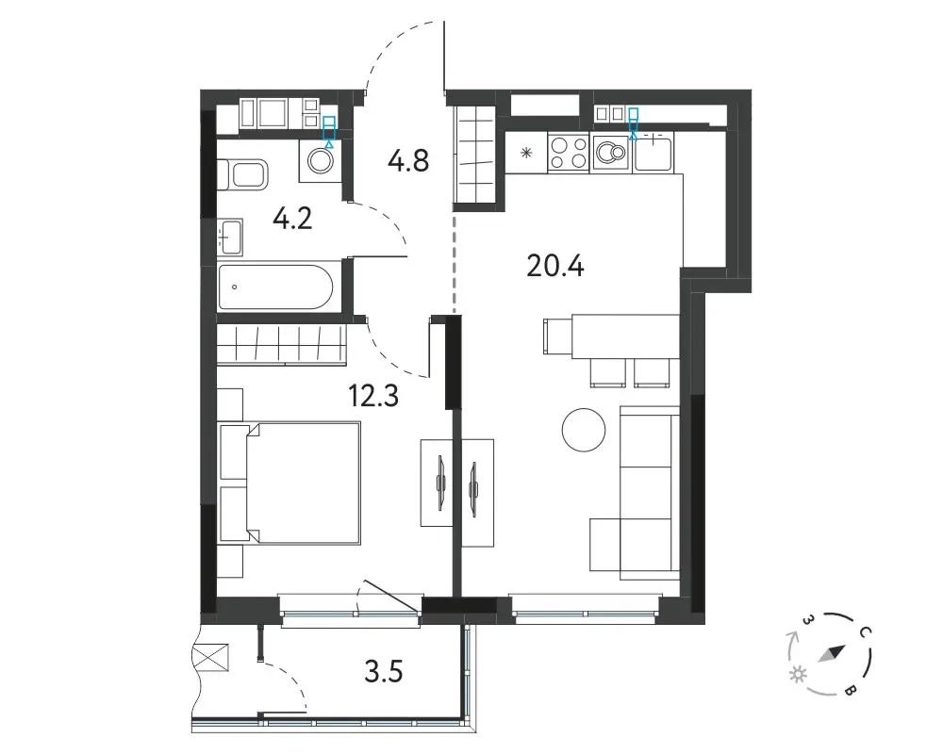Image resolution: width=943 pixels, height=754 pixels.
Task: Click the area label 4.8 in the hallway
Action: pyautogui.click(x=408, y=161)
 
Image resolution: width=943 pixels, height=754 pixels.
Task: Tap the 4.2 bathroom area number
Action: pyautogui.click(x=292, y=219)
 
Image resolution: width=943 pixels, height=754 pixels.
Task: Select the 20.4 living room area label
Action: pyautogui.click(x=555, y=266)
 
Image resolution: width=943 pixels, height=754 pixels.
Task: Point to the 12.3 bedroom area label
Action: pyautogui.click(x=373, y=396)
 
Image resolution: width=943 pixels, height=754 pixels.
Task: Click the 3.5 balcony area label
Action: pyautogui.click(x=384, y=671)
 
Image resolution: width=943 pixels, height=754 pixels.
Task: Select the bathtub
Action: pyautogui.click(x=275, y=287)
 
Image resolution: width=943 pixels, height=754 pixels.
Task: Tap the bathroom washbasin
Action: pyautogui.click(x=230, y=237)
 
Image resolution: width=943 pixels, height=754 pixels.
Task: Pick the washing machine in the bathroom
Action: pyautogui.click(x=321, y=160)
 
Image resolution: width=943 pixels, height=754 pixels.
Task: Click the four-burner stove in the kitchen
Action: pyautogui.click(x=569, y=153)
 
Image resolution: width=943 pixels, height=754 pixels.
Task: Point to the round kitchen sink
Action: pyautogui.click(x=610, y=153)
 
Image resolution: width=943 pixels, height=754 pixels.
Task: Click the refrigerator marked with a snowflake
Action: pyautogui.click(x=526, y=153)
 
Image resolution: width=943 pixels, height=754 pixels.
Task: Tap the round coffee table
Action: pyautogui.click(x=584, y=430)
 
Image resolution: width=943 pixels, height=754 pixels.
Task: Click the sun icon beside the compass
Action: pyautogui.click(x=798, y=675)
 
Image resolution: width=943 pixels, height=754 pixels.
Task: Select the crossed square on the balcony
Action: pyautogui.click(x=210, y=657)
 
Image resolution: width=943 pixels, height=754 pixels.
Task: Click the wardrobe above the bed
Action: pyautogui.click(x=281, y=345)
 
